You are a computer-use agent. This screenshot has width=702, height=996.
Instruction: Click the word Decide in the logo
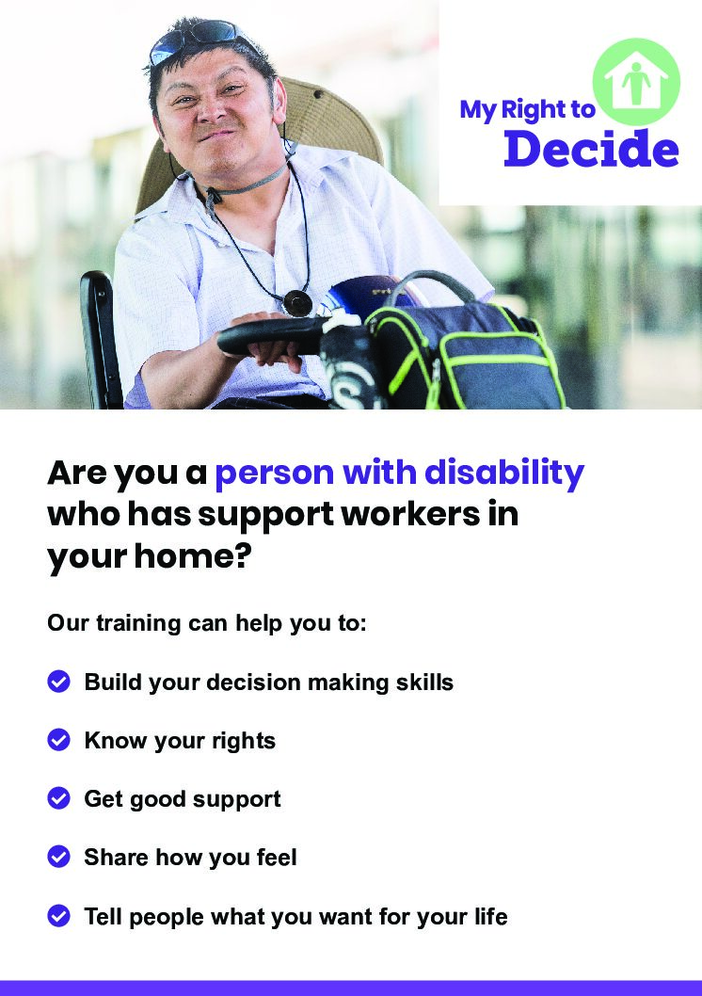tap(591, 149)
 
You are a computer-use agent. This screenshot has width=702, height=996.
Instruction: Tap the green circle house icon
tap(636, 82)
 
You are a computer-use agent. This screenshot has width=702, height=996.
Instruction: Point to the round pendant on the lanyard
tap(297, 302)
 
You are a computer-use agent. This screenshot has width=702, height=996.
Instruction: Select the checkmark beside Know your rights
tap(59, 740)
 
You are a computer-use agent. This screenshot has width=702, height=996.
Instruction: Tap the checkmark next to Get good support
tap(59, 798)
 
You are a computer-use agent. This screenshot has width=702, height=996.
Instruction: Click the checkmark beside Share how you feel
tap(59, 857)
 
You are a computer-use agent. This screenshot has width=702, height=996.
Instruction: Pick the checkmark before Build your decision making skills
tap(59, 682)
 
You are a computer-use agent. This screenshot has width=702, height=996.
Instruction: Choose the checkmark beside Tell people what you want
tap(59, 916)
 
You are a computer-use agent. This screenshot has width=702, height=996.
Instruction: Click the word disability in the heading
tap(504, 474)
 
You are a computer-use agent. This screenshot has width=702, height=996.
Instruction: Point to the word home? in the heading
tap(193, 556)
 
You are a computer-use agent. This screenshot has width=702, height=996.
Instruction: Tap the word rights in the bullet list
tap(244, 741)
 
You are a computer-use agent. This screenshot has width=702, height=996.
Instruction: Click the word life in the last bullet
tap(492, 917)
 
